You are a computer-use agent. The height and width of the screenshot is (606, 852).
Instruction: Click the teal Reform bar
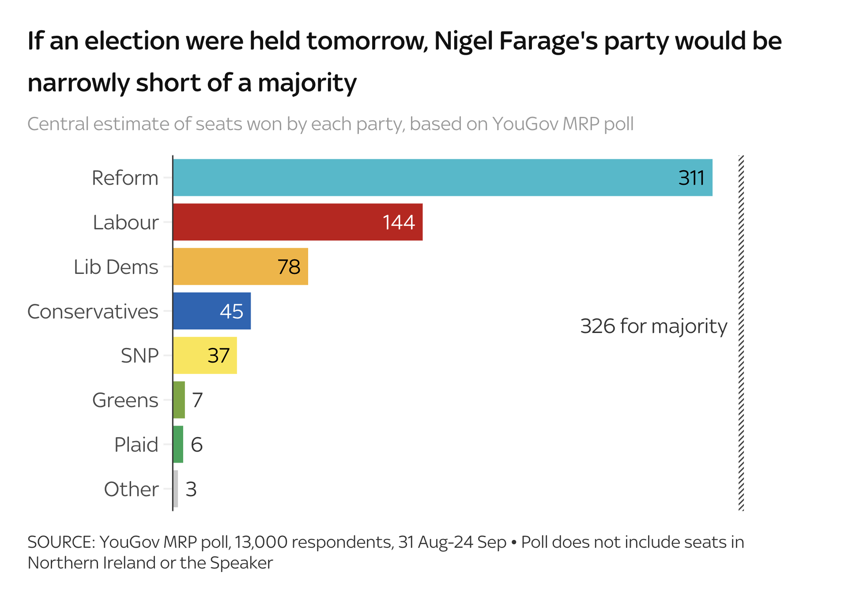click(x=441, y=178)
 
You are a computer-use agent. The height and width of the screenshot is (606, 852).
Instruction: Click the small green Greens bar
click(x=179, y=400)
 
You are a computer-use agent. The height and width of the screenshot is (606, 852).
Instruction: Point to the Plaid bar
click(x=178, y=445)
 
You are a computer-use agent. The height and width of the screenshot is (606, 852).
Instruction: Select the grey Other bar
click(x=176, y=489)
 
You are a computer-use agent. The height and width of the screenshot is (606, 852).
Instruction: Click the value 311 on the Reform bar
click(x=691, y=178)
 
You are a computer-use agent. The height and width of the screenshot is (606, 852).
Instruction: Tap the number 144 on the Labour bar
click(x=399, y=222)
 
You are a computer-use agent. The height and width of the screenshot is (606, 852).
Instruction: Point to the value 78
click(x=289, y=267)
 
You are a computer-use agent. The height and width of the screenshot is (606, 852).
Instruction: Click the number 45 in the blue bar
click(x=231, y=311)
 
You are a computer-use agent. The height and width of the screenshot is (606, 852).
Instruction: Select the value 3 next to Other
click(x=191, y=489)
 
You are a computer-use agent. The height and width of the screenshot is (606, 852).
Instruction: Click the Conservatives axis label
click(x=93, y=311)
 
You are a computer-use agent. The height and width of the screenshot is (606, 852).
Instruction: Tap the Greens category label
click(x=125, y=400)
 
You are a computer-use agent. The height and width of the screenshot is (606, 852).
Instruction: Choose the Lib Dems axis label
click(x=116, y=267)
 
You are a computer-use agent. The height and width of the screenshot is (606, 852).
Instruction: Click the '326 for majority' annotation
click(x=653, y=326)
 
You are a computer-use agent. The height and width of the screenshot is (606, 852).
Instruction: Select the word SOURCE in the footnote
click(x=61, y=542)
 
